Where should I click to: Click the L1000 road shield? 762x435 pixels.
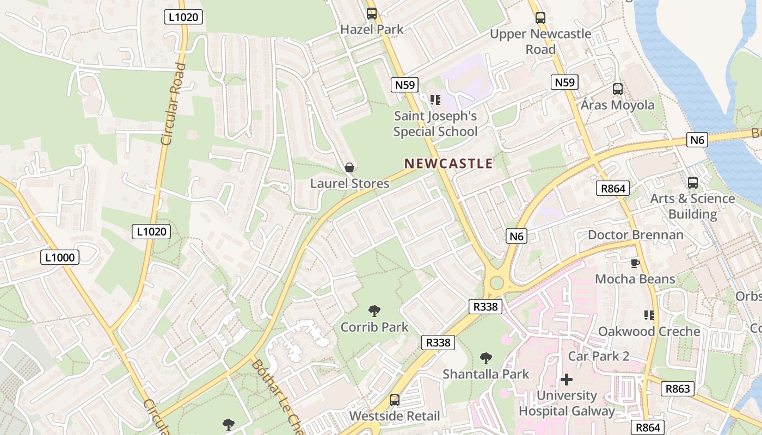point(60,257)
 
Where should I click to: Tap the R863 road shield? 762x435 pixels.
point(678,388)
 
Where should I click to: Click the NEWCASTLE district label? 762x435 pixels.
point(448,163)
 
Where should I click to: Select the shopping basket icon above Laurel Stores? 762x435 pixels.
point(349,168)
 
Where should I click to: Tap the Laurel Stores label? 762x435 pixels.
point(349,183)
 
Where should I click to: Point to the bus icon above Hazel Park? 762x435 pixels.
point(372,14)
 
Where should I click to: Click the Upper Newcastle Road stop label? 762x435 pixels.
point(540,41)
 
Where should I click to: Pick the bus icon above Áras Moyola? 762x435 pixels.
point(617,89)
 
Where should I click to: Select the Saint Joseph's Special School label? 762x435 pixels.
point(435,123)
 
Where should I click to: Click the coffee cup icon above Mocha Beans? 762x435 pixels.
point(635,264)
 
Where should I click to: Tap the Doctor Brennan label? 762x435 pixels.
point(635,235)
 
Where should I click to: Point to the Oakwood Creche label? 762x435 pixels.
point(649,331)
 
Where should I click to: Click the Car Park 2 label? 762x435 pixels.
point(599,356)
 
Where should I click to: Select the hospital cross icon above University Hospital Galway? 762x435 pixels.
point(567,380)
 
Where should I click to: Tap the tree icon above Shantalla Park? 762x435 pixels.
point(486,358)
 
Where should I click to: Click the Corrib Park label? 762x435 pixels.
point(374,327)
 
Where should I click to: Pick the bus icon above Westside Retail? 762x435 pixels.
point(395,400)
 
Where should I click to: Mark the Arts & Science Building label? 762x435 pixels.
point(692,206)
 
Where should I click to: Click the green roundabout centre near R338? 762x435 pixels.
point(496,283)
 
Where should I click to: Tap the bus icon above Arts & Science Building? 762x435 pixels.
point(692,183)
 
